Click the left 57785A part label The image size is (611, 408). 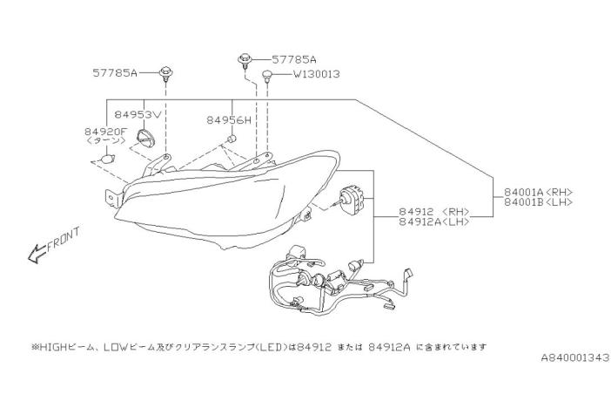[115, 74]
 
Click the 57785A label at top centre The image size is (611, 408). [294, 59]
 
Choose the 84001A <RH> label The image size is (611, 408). [543, 191]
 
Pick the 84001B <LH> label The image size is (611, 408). [543, 201]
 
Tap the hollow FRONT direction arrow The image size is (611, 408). [37, 254]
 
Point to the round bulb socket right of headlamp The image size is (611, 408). [353, 201]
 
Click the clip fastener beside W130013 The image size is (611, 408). [268, 78]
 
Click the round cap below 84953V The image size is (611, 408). [149, 139]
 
